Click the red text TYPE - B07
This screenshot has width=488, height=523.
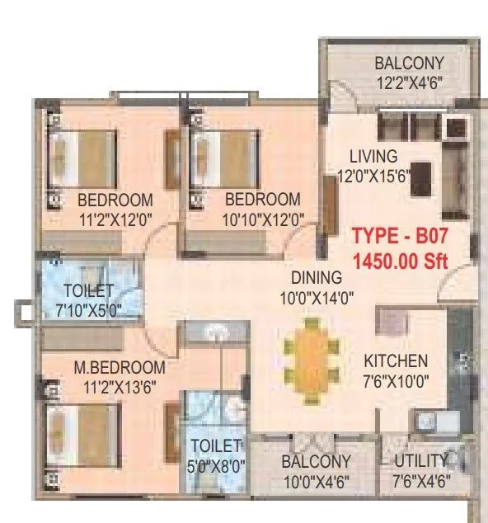(399, 235)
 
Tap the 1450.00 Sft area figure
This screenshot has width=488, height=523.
(399, 261)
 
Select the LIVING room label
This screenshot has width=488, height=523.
(373, 156)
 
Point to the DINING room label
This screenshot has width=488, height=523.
(316, 278)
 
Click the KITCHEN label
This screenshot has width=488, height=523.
(396, 360)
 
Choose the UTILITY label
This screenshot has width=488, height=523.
(420, 461)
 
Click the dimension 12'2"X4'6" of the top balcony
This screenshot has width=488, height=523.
(409, 82)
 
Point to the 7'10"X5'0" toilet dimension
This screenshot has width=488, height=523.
(88, 309)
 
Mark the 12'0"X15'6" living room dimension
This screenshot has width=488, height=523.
(373, 175)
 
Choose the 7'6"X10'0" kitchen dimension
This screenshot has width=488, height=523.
(396, 380)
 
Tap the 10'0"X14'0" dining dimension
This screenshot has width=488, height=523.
(316, 298)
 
